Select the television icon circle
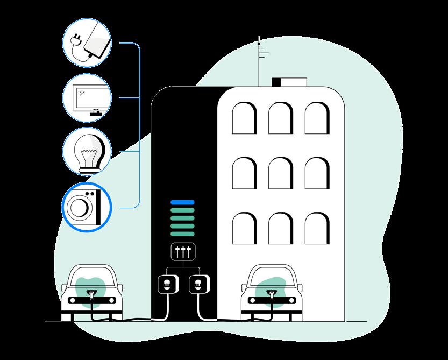pos(87,97)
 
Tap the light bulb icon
pos(87,152)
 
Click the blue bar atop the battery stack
pos(182,202)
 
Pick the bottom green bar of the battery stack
pos(182,234)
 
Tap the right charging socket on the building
pos(198,284)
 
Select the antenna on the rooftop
pos(259,59)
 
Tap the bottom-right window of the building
pos(316,228)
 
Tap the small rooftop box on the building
pos(289,82)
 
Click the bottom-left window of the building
pos(243,228)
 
